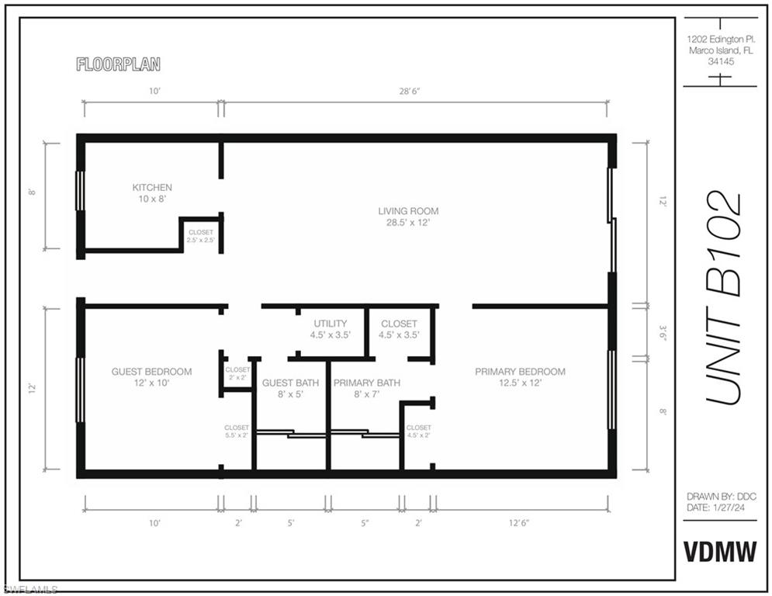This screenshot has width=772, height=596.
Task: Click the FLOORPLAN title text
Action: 118,64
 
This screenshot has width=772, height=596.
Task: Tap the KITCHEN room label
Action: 152,188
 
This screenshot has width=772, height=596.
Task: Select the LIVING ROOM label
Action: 408,211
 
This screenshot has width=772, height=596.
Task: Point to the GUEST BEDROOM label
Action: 151,372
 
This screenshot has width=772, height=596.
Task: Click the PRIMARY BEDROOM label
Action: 520,372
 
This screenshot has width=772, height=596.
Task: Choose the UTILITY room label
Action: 331,324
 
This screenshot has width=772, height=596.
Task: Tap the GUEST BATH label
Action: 290,383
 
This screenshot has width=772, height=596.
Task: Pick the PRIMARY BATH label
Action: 367,383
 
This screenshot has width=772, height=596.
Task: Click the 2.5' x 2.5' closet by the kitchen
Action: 201,237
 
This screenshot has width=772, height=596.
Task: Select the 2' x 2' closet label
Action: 237,373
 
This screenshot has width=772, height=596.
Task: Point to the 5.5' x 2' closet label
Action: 237,431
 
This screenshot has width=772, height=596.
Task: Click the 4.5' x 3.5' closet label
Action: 399,330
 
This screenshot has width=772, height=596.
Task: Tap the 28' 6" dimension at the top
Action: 409,91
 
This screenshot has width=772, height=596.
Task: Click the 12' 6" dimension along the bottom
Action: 519,522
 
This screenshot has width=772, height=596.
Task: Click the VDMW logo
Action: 720,552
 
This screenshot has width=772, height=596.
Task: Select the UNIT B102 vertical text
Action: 723,298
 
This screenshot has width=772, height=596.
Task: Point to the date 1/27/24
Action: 729,508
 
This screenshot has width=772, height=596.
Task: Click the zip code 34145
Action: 721,61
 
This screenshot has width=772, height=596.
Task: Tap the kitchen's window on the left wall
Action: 79,191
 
